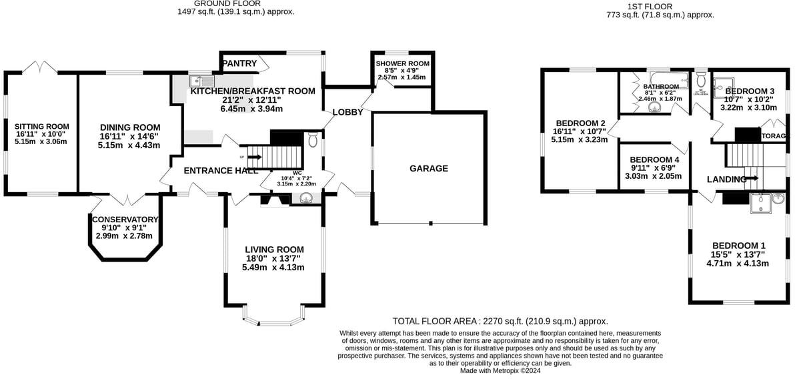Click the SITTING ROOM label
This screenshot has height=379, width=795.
coord(42,125)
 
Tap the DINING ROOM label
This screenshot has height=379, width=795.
coord(130,127)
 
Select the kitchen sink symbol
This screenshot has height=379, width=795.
coord(199,81)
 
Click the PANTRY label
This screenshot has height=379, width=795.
coord(239,63)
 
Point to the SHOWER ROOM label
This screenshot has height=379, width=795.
coord(402,64)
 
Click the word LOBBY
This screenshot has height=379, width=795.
coord(347,112)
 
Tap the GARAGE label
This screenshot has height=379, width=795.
coord(428,169)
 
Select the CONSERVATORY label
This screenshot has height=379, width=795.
coord(125,220)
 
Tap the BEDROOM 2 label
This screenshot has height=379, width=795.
coord(580,123)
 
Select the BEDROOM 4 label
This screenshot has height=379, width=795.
coord(654,160)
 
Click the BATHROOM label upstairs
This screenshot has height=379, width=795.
coord(661,87)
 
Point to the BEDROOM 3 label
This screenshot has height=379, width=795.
coord(750,91)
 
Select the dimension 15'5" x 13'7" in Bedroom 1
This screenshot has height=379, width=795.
coord(738,254)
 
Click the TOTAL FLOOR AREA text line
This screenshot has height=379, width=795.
coord(500,321)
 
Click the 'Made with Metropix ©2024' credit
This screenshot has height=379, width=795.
coord(500,371)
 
